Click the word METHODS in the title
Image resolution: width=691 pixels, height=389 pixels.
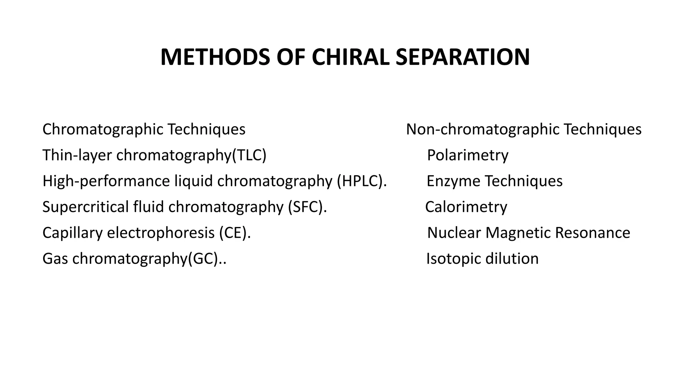(215, 57)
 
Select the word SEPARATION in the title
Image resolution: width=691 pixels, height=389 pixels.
(462, 57)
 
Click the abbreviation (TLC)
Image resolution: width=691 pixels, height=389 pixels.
(249, 155)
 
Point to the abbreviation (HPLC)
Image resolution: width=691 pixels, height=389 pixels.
(361, 181)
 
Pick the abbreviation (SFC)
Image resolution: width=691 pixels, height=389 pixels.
(307, 207)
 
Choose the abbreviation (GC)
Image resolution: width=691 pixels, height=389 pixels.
(206, 259)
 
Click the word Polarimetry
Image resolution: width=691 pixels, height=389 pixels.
(468, 155)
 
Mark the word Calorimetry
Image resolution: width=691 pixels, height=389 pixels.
(466, 207)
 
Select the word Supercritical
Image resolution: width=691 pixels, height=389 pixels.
(85, 207)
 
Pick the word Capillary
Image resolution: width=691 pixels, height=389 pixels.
(72, 233)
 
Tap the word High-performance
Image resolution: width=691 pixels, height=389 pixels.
(106, 181)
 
